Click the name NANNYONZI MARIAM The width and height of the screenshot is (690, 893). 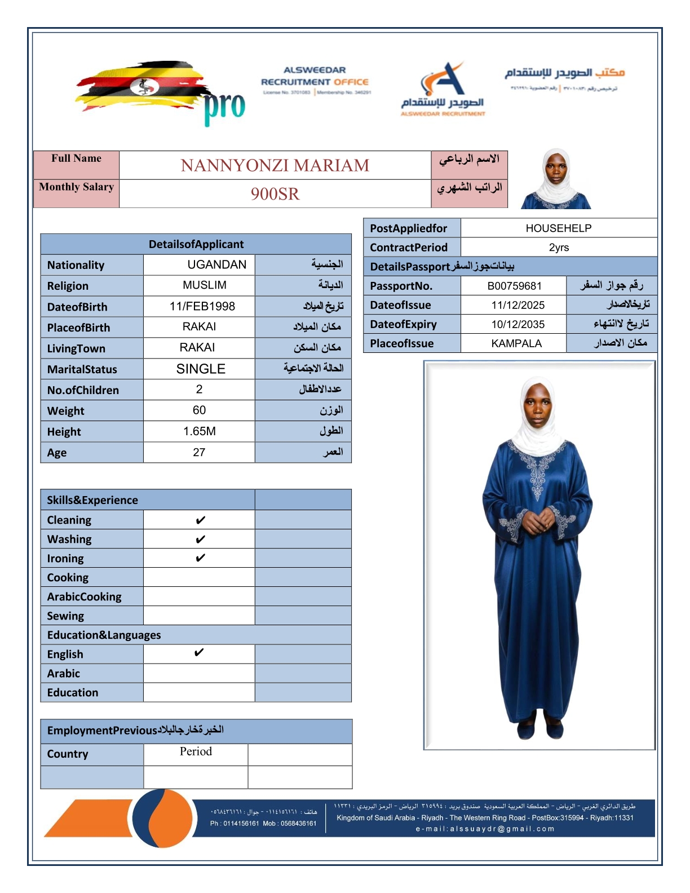(x=275, y=165)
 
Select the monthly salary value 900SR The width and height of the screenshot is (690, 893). (x=275, y=194)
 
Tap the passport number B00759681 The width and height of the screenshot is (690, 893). (x=514, y=286)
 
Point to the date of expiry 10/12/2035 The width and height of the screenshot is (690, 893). (x=517, y=324)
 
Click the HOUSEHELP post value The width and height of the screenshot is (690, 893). (x=558, y=228)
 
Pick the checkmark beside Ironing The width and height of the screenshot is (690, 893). (x=200, y=558)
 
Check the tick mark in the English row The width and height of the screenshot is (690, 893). (x=198, y=653)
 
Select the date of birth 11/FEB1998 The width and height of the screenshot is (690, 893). (x=202, y=306)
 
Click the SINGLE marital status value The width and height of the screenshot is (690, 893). (x=201, y=369)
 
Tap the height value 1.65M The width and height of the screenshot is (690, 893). (x=199, y=431)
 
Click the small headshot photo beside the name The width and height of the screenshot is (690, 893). (x=556, y=179)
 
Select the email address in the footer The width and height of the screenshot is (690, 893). (x=485, y=829)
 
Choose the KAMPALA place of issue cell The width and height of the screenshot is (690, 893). (x=516, y=343)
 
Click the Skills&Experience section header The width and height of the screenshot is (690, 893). (x=92, y=500)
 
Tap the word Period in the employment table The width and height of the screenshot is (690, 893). (x=196, y=751)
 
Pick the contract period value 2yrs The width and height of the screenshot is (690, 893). (x=559, y=247)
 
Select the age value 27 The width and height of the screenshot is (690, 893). (x=199, y=452)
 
